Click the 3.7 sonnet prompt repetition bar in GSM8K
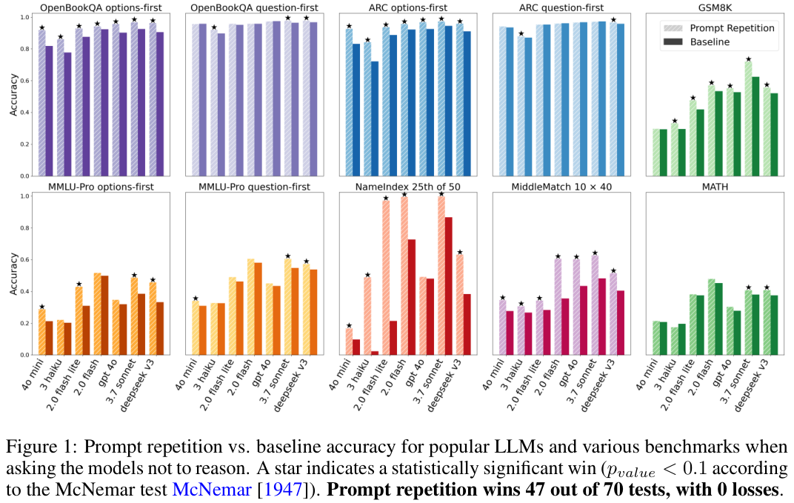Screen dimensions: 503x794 click(x=748, y=119)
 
